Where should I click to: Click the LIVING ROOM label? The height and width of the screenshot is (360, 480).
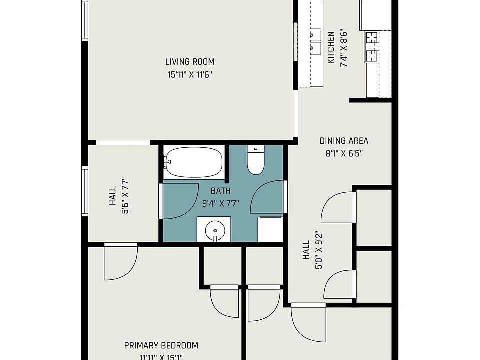[x=190, y=62]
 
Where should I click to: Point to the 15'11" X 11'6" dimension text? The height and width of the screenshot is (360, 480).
[x=190, y=75]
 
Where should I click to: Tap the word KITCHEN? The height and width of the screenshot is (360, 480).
[x=331, y=48]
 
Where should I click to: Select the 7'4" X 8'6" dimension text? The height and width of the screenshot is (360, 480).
[x=344, y=48]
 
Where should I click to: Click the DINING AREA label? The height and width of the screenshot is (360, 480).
[x=344, y=141]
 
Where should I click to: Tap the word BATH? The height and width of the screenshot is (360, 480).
[x=221, y=191]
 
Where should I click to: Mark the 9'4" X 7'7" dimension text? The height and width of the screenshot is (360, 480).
[x=221, y=203]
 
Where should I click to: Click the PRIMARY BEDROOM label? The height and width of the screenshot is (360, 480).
[x=161, y=345]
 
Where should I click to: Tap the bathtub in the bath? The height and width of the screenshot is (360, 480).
[x=194, y=162]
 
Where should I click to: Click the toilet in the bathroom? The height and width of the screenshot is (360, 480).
[x=256, y=160]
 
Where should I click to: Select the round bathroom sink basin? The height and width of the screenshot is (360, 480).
[x=215, y=230]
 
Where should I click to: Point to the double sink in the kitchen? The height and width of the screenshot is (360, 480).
[x=315, y=41]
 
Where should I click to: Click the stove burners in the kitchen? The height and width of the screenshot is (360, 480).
[x=372, y=48]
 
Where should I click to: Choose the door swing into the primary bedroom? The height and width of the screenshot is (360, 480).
[x=120, y=262]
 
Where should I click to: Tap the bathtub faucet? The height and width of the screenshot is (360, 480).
[x=167, y=161]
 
